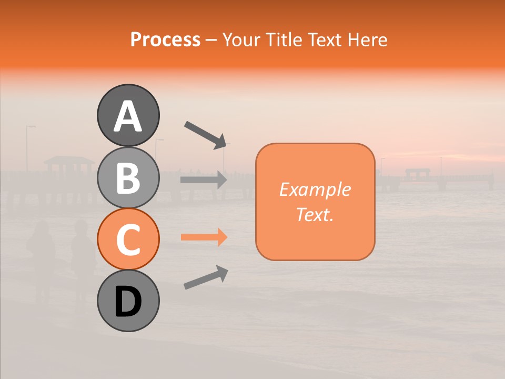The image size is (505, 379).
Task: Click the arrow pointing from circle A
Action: coord(206,135)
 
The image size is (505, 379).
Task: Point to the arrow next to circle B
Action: coord(204,180)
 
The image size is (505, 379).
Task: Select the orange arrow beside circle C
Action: coord(204,237)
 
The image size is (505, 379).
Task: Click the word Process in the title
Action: coord(165,40)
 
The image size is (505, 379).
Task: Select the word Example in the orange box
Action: coord(315,189)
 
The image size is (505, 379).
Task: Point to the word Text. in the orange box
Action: coord(315,214)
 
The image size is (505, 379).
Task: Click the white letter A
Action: coord(128,117)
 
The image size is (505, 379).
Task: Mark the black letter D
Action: coord(128,302)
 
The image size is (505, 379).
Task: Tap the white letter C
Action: coord(128,240)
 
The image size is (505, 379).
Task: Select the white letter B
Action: coord(128,178)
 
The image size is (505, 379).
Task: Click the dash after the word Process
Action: coord(211,40)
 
